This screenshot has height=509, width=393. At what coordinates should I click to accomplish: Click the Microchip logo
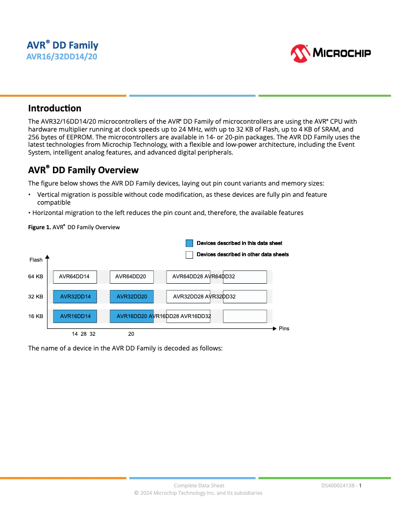pyautogui.click(x=331, y=53)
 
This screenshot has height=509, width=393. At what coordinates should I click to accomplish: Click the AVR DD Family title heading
pyautogui.click(x=62, y=45)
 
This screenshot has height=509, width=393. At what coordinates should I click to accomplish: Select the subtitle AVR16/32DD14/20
pyautogui.click(x=62, y=56)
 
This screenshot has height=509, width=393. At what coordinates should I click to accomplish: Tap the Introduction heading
pyautogui.click(x=54, y=108)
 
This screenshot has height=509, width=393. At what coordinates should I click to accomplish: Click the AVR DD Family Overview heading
pyautogui.click(x=83, y=170)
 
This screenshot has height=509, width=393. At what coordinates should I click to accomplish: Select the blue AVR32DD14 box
pyautogui.click(x=75, y=296)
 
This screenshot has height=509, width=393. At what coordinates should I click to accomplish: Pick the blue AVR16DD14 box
pyautogui.click(x=75, y=316)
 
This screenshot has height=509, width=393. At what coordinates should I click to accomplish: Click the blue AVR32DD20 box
pyautogui.click(x=131, y=296)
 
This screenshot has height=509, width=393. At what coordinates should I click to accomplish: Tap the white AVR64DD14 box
pyautogui.click(x=75, y=277)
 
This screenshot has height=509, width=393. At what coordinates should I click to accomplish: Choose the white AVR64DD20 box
pyautogui.click(x=131, y=277)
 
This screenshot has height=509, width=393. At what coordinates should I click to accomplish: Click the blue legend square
pyautogui.click(x=189, y=243)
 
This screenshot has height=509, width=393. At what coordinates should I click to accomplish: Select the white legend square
pyautogui.click(x=189, y=254)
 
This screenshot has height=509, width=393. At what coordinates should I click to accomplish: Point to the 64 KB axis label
pyautogui.click(x=35, y=277)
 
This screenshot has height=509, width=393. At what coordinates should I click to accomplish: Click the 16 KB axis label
pyautogui.click(x=35, y=316)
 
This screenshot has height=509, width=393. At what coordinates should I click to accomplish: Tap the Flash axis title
pyautogui.click(x=36, y=260)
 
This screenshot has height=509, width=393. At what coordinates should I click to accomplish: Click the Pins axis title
pyautogui.click(x=284, y=328)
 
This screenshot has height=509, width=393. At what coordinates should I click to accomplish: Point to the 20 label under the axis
pyautogui.click(x=131, y=334)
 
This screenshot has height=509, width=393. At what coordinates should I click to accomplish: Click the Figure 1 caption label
pyautogui.click(x=39, y=227)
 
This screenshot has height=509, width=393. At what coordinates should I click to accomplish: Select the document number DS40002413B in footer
pyautogui.click(x=338, y=485)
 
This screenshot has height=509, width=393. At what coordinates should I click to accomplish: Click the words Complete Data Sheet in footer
pyautogui.click(x=199, y=485)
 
